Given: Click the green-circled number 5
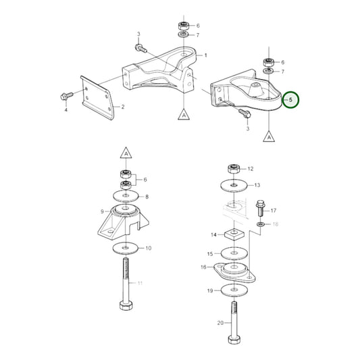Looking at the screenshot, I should click(x=290, y=100).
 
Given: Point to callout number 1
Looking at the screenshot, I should click(x=205, y=55).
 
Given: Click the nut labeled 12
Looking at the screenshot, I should click(x=233, y=168).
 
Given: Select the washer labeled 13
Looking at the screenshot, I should click(x=233, y=184).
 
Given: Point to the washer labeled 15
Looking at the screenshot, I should click(x=234, y=253).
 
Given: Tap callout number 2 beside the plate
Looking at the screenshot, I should click(x=122, y=107).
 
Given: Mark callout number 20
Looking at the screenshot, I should click(x=220, y=324).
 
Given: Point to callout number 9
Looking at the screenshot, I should click(x=101, y=211).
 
